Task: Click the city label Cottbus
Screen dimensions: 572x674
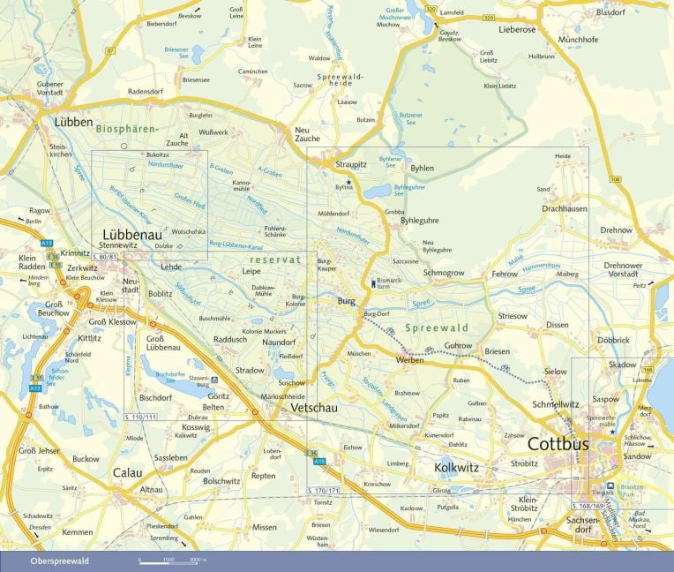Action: coord(558,444)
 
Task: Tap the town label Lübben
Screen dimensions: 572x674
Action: coord(72,122)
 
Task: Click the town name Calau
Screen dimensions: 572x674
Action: coord(127,472)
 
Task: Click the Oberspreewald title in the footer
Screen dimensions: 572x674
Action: coord(59,561)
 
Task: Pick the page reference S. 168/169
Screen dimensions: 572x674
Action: coord(588,506)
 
